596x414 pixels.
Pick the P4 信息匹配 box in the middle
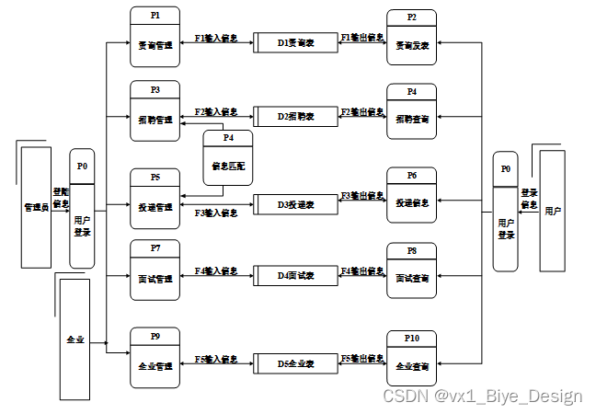tap(228, 159)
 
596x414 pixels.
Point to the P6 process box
tap(411, 196)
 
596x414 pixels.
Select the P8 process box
tap(411, 270)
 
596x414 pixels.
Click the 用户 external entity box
tap(552, 211)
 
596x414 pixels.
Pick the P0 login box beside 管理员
tap(82, 209)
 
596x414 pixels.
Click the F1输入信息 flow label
tap(216, 39)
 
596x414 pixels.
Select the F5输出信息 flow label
tap(361, 358)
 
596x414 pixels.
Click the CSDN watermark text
tap(482, 397)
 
